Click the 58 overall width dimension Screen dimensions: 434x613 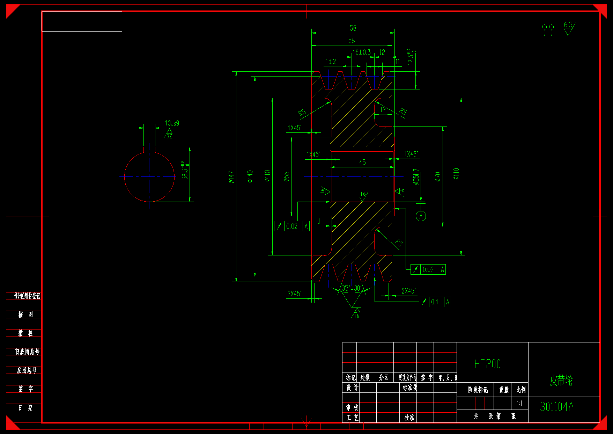pyautogui.click(x=353, y=28)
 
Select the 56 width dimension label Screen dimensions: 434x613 pyautogui.click(x=352, y=41)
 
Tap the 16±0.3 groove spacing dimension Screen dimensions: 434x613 pyautogui.click(x=361, y=52)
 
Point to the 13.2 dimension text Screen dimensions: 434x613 pyautogui.click(x=331, y=62)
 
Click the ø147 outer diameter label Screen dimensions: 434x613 pyautogui.click(x=231, y=177)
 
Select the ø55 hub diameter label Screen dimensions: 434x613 pyautogui.click(x=286, y=177)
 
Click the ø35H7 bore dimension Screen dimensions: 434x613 pyautogui.click(x=416, y=177)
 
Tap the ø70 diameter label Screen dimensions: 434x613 pyautogui.click(x=438, y=177)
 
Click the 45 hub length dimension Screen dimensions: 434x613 pyautogui.click(x=362, y=162)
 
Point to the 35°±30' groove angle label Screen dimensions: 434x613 pyautogui.click(x=351, y=288)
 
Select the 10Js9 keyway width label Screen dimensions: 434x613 pyautogui.click(x=172, y=123)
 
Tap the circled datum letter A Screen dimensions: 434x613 pyautogui.click(x=421, y=216)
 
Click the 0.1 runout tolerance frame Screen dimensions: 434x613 pyautogui.click(x=435, y=302)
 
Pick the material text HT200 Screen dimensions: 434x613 pyautogui.click(x=487, y=364)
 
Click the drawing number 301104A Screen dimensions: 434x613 pyautogui.click(x=557, y=407)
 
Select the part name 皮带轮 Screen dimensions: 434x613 pyautogui.click(x=561, y=381)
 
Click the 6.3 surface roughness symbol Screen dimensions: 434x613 pyautogui.click(x=569, y=28)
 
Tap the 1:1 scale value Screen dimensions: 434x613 pyautogui.click(x=519, y=404)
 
